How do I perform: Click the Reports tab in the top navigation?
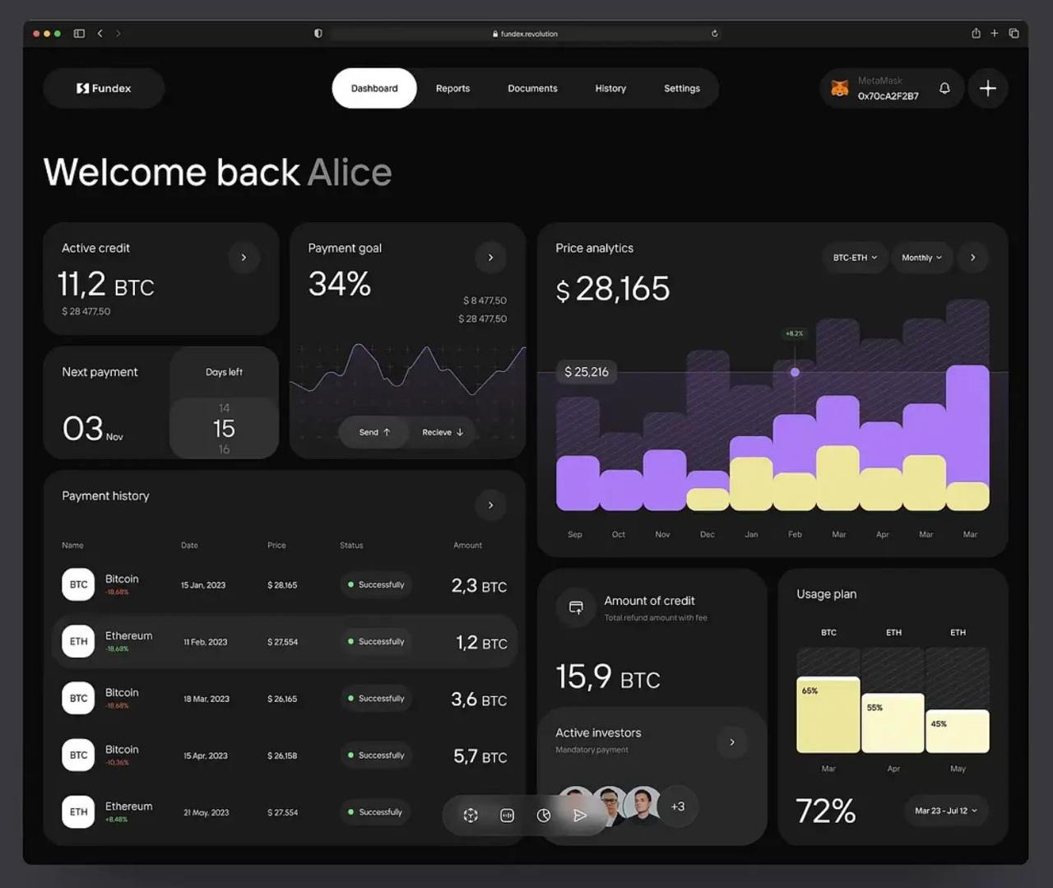tap(452, 88)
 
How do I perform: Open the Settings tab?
tap(681, 88)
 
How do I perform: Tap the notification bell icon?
tap(944, 88)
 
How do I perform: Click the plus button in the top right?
tap(987, 88)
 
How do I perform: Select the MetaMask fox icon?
tap(839, 88)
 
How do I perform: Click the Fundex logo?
tap(104, 88)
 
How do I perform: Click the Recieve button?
tap(443, 432)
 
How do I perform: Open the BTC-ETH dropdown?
tap(854, 258)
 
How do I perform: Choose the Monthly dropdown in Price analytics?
tap(921, 258)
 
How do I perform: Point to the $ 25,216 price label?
tap(587, 372)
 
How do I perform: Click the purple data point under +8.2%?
tap(795, 372)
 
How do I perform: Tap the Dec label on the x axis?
tap(707, 534)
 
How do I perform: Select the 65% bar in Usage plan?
tap(828, 714)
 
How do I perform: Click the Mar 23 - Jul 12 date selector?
tap(945, 811)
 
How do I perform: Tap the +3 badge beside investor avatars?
tap(677, 807)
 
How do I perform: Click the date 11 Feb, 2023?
tap(205, 642)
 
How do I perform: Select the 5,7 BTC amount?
tap(480, 755)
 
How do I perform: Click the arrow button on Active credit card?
tap(244, 258)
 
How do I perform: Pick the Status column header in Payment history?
tap(351, 545)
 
